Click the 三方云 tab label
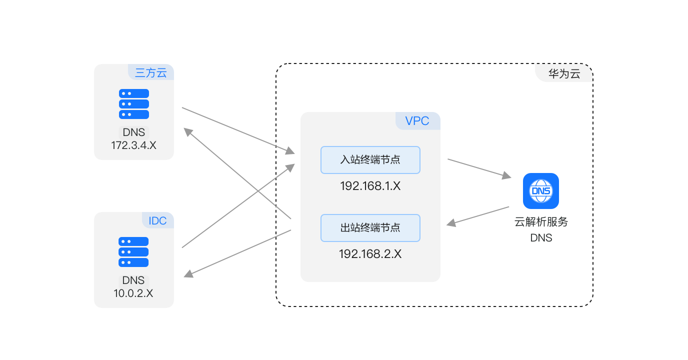tap(150, 72)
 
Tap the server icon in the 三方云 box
tap(134, 104)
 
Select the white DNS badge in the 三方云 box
tap(134, 132)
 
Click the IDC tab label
tap(157, 220)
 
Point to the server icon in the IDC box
tap(134, 252)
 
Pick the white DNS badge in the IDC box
tap(134, 280)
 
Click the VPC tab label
tap(417, 121)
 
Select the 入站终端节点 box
tap(370, 160)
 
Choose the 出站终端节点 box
tap(370, 228)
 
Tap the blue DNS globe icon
tap(541, 191)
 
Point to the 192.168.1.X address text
tap(370, 186)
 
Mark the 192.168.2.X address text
tap(370, 254)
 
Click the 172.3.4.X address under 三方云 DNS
tap(134, 145)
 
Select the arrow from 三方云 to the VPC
tap(238, 129)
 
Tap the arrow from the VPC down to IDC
tap(237, 253)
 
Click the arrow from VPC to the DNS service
tap(479, 168)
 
